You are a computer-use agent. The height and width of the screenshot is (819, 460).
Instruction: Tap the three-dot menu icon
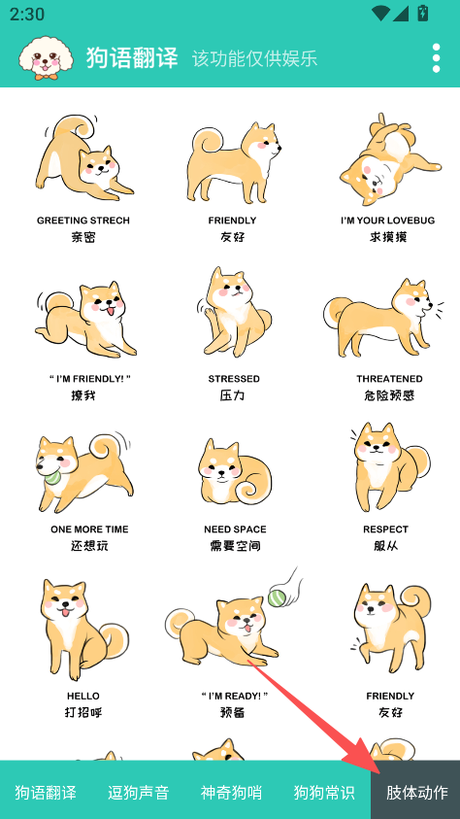tap(436, 58)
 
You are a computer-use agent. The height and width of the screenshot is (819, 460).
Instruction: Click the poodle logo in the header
tap(47, 57)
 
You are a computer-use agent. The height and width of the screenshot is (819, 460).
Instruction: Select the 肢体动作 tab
tap(416, 793)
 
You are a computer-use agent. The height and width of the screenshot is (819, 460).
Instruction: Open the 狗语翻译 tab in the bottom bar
tap(46, 793)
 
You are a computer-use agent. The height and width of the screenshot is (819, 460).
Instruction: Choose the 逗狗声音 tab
tap(138, 793)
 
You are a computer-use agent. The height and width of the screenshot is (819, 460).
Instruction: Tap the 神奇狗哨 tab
tap(231, 793)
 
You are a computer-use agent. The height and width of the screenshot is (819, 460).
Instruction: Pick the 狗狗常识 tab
tap(324, 793)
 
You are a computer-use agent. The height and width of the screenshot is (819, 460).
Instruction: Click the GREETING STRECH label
tap(82, 221)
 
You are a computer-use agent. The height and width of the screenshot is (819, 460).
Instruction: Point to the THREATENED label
tap(389, 379)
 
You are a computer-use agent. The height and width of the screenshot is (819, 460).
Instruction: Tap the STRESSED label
tap(234, 379)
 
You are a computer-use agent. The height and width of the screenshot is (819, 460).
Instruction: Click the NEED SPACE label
tap(235, 529)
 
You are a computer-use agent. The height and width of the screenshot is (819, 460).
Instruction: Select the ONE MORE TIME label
tap(89, 529)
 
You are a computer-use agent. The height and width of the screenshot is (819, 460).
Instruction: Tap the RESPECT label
tap(385, 529)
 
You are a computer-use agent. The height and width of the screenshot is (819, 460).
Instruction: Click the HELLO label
tap(82, 696)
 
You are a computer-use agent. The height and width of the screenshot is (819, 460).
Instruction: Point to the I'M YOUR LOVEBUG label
tap(387, 221)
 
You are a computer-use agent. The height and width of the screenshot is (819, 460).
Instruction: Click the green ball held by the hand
tap(276, 597)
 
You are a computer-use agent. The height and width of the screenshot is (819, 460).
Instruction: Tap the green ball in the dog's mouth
tap(52, 476)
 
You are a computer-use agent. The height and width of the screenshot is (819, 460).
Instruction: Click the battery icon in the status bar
tap(422, 14)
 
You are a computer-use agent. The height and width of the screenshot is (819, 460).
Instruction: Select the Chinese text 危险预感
tap(389, 395)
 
